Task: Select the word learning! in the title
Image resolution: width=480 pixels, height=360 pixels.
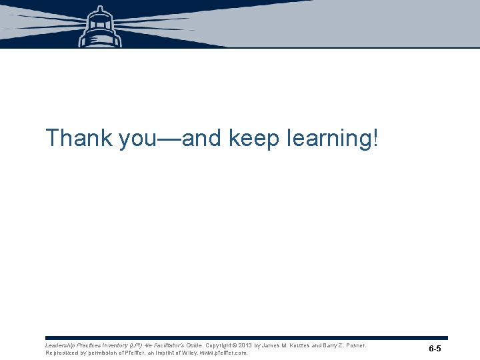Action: pos(332,139)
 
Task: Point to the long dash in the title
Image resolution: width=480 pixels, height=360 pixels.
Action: pos(168,139)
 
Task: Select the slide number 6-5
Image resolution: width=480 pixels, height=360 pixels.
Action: pos(435,349)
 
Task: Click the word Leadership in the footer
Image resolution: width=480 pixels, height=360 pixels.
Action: pos(59,345)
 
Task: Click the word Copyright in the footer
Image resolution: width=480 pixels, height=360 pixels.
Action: pos(219,345)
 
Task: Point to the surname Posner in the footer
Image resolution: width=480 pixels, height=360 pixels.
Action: pos(355,345)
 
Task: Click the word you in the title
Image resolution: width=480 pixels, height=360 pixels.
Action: pos(137,139)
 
